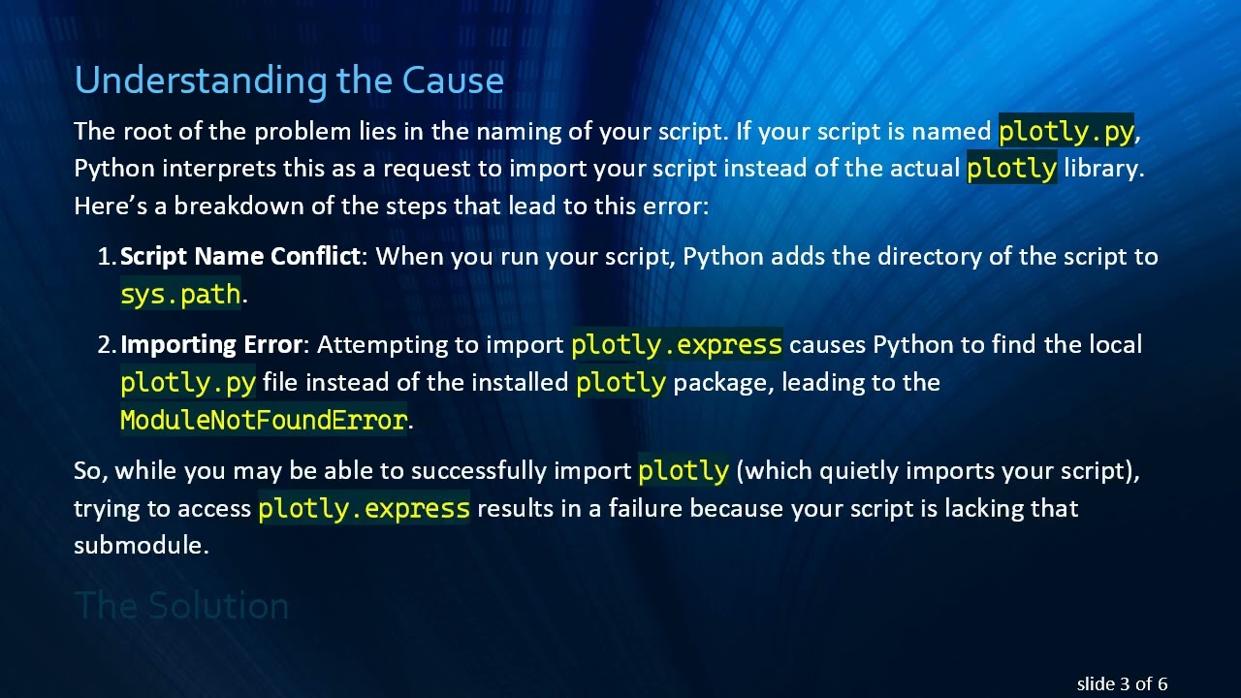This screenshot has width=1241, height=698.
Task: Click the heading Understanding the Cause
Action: (289, 80)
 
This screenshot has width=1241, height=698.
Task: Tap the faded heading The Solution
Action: (181, 606)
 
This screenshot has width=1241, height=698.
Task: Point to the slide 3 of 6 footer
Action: (1122, 684)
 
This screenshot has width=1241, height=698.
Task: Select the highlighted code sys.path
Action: (180, 295)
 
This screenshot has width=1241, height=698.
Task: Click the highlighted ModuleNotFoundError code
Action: (264, 420)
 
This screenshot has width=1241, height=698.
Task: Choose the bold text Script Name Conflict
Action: (239, 257)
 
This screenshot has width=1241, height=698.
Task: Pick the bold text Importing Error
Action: (211, 345)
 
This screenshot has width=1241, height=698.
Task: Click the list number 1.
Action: (106, 257)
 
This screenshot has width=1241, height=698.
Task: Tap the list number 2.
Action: (106, 345)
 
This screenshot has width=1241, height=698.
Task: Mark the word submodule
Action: (141, 546)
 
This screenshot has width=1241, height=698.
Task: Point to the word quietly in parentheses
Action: (861, 471)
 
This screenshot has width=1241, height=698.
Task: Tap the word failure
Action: (645, 509)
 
